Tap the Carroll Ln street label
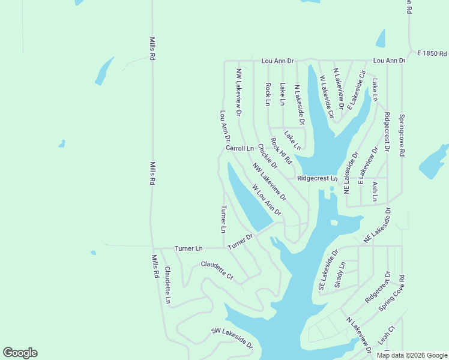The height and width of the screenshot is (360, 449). click(240, 148)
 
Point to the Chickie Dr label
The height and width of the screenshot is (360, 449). click(267, 156)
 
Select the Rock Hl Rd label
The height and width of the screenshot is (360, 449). click(281, 151)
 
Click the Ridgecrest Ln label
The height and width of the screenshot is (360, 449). click(318, 179)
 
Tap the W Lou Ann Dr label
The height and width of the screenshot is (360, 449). click(267, 199)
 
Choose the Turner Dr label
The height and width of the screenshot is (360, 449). click(241, 241)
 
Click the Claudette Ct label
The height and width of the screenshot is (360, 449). click(217, 271)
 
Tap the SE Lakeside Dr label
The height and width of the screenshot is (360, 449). click(329, 271)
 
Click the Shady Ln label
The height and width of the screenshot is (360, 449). click(340, 274)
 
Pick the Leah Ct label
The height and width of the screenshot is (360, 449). click(387, 335)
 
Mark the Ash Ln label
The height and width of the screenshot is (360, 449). click(375, 191)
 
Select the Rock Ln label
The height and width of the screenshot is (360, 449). click(268, 94)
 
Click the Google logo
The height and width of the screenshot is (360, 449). click(20, 353)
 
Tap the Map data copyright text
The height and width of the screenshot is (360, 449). click(412, 355)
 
